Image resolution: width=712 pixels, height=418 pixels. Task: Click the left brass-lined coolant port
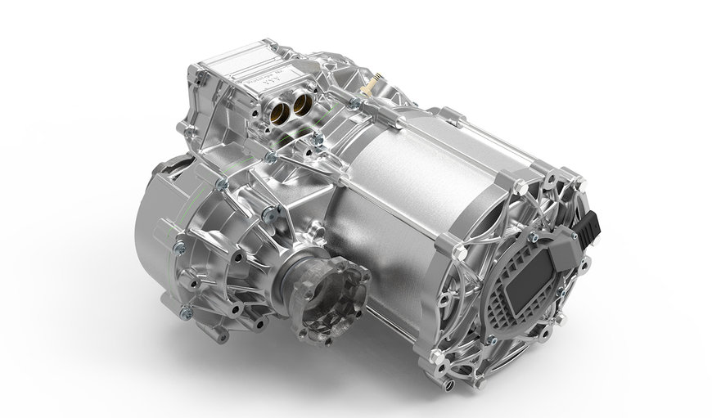tap(282, 103)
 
